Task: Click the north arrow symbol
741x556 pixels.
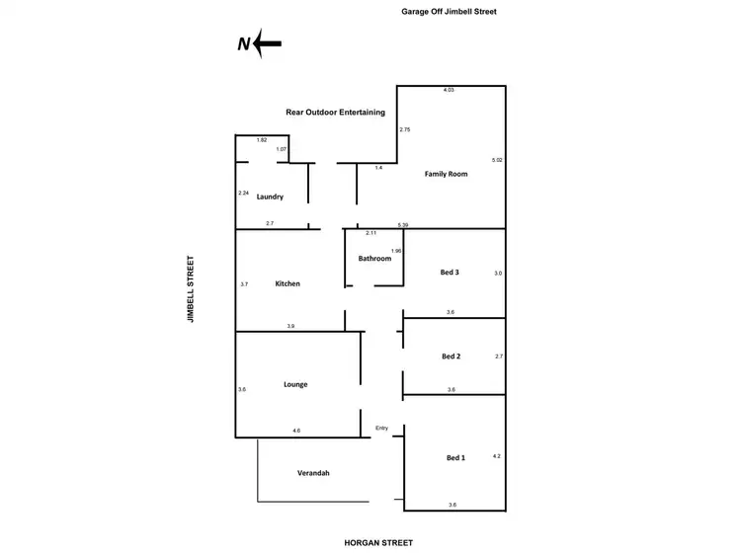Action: [260, 43]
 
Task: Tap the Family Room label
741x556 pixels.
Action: [446, 174]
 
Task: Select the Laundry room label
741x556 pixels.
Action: [270, 197]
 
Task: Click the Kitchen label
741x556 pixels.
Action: [288, 283]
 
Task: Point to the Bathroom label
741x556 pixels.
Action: [375, 259]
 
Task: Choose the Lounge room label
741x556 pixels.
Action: [295, 384]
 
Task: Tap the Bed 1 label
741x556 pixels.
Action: [455, 458]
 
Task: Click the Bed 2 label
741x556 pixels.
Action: [451, 356]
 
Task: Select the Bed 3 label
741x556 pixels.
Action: [450, 272]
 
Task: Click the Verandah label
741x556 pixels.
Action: [313, 473]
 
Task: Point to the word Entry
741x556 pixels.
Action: [382, 428]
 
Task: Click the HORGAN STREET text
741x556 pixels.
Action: [378, 542]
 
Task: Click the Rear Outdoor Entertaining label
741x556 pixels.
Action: [335, 113]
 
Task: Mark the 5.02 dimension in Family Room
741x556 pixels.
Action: [497, 159]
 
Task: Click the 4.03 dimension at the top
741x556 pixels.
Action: [448, 90]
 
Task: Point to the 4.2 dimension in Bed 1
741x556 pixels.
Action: [497, 455]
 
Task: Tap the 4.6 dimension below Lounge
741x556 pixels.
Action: [296, 431]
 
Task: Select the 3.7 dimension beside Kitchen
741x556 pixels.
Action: [243, 283]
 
